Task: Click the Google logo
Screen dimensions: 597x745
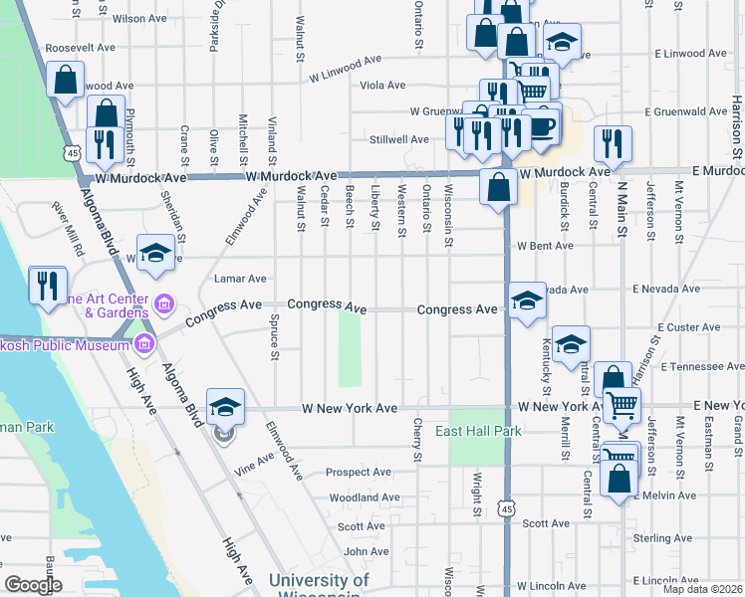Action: click(33, 585)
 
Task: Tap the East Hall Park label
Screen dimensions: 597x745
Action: click(478, 431)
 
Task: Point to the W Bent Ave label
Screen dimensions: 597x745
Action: click(544, 246)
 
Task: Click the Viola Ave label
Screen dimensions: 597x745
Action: click(382, 86)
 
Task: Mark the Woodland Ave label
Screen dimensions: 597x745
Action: click(364, 497)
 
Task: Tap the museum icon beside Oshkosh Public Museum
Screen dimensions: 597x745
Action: click(144, 345)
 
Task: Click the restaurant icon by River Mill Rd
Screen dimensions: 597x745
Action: click(47, 286)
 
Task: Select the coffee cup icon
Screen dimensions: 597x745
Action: click(543, 126)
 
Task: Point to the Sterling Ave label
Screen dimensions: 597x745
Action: click(662, 538)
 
